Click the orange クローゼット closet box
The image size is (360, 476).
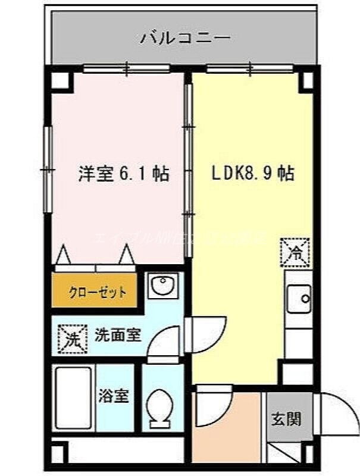pyautogui.click(x=98, y=292)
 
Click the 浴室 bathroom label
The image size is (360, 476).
pyautogui.click(x=114, y=396)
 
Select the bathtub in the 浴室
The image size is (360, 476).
pyautogui.click(x=73, y=397)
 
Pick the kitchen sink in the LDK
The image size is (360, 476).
pyautogui.click(x=298, y=297)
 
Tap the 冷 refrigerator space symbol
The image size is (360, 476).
pyautogui.click(x=296, y=252)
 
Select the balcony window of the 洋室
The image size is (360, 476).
pyautogui.click(x=126, y=69)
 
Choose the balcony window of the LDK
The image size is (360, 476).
pyautogui.click(x=251, y=69)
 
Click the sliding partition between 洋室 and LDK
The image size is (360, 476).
pyautogui.click(x=189, y=173)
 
